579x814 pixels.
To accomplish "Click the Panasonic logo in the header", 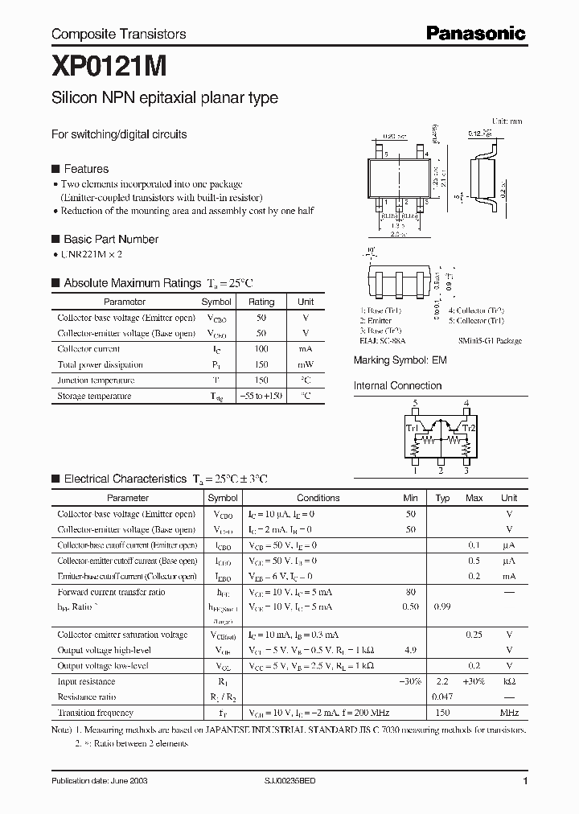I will pos(475,33).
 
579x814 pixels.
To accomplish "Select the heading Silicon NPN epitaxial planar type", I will pos(165,98).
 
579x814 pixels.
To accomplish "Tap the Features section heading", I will pos(85,169).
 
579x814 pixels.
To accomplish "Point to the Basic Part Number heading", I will pos(110,239).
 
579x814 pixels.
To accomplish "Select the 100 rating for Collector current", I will pos(261,349).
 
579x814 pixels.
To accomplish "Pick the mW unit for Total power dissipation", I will pos(306,364).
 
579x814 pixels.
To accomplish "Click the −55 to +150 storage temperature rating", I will pos(261,396).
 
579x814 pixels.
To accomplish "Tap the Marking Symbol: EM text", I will pos(400,361).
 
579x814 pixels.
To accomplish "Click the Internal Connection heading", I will pos(397,386).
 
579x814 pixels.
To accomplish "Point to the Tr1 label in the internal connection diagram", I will pos(411,429).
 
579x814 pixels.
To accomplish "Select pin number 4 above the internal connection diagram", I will pos(466,403).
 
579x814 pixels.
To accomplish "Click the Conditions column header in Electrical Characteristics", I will pos(318,498).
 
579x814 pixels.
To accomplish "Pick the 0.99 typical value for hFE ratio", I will pos(442,606).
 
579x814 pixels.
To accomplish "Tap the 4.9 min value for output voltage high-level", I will pos(411,650).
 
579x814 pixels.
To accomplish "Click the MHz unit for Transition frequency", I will pos(509,713).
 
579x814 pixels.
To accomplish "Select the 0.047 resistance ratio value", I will pos(442,697).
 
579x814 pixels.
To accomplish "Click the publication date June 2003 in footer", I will pos(100,781).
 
